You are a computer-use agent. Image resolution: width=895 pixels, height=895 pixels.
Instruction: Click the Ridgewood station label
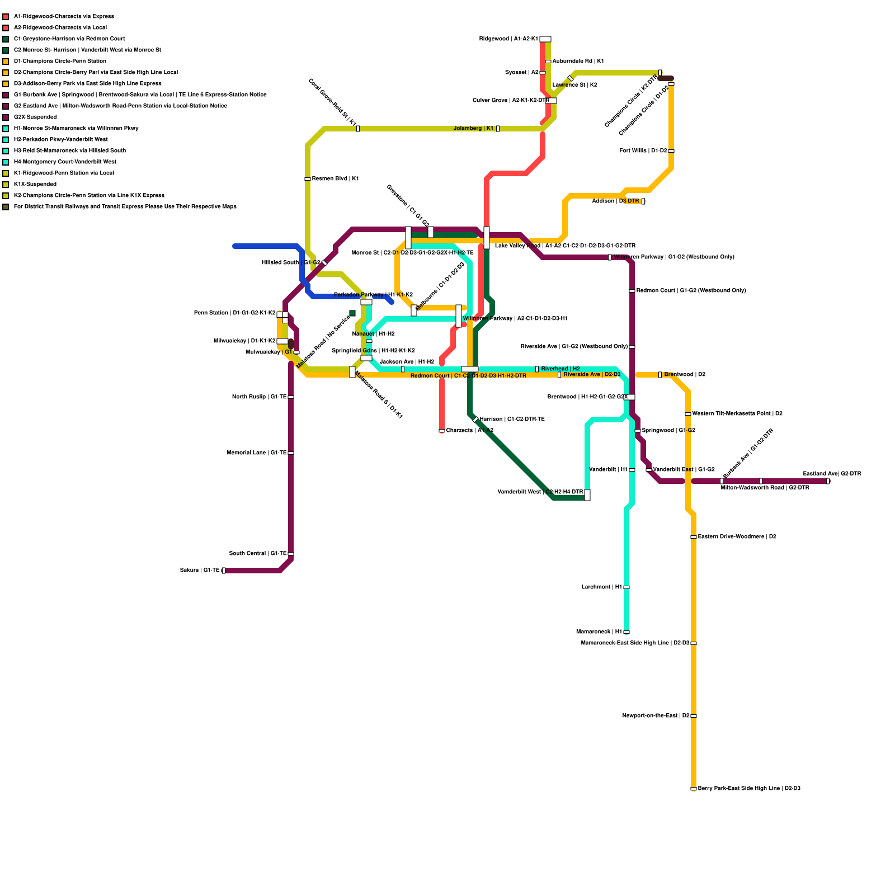coord(508,39)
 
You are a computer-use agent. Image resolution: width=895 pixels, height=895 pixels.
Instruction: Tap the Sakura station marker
coord(224,571)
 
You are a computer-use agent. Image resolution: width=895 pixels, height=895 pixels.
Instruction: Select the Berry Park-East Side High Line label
coord(749,789)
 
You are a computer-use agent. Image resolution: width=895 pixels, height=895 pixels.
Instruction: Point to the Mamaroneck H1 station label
coord(599,632)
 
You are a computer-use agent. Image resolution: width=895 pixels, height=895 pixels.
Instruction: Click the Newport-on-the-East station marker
coord(694,716)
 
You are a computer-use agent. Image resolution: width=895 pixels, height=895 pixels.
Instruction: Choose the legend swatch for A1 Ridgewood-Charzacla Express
coord(6,17)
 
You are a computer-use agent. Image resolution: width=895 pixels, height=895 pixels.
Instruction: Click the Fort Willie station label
coord(643,151)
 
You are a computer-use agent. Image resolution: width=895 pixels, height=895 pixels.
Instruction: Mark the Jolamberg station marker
coord(498,129)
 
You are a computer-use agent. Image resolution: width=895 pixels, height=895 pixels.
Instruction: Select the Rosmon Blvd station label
coord(335,179)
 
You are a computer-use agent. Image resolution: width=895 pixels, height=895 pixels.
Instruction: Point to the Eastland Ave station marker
coord(828,481)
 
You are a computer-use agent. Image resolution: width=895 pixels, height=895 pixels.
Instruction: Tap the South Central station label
coord(258,554)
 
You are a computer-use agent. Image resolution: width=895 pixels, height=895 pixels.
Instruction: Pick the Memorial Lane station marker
coord(291,453)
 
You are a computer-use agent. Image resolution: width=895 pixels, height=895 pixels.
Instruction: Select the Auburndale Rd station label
coord(578,62)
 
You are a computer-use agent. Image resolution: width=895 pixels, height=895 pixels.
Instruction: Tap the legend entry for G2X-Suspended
coord(35,117)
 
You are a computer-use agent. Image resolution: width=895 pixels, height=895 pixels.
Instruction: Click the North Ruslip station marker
coord(291,397)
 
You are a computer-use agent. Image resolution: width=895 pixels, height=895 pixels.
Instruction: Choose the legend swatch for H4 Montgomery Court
coord(6,162)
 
